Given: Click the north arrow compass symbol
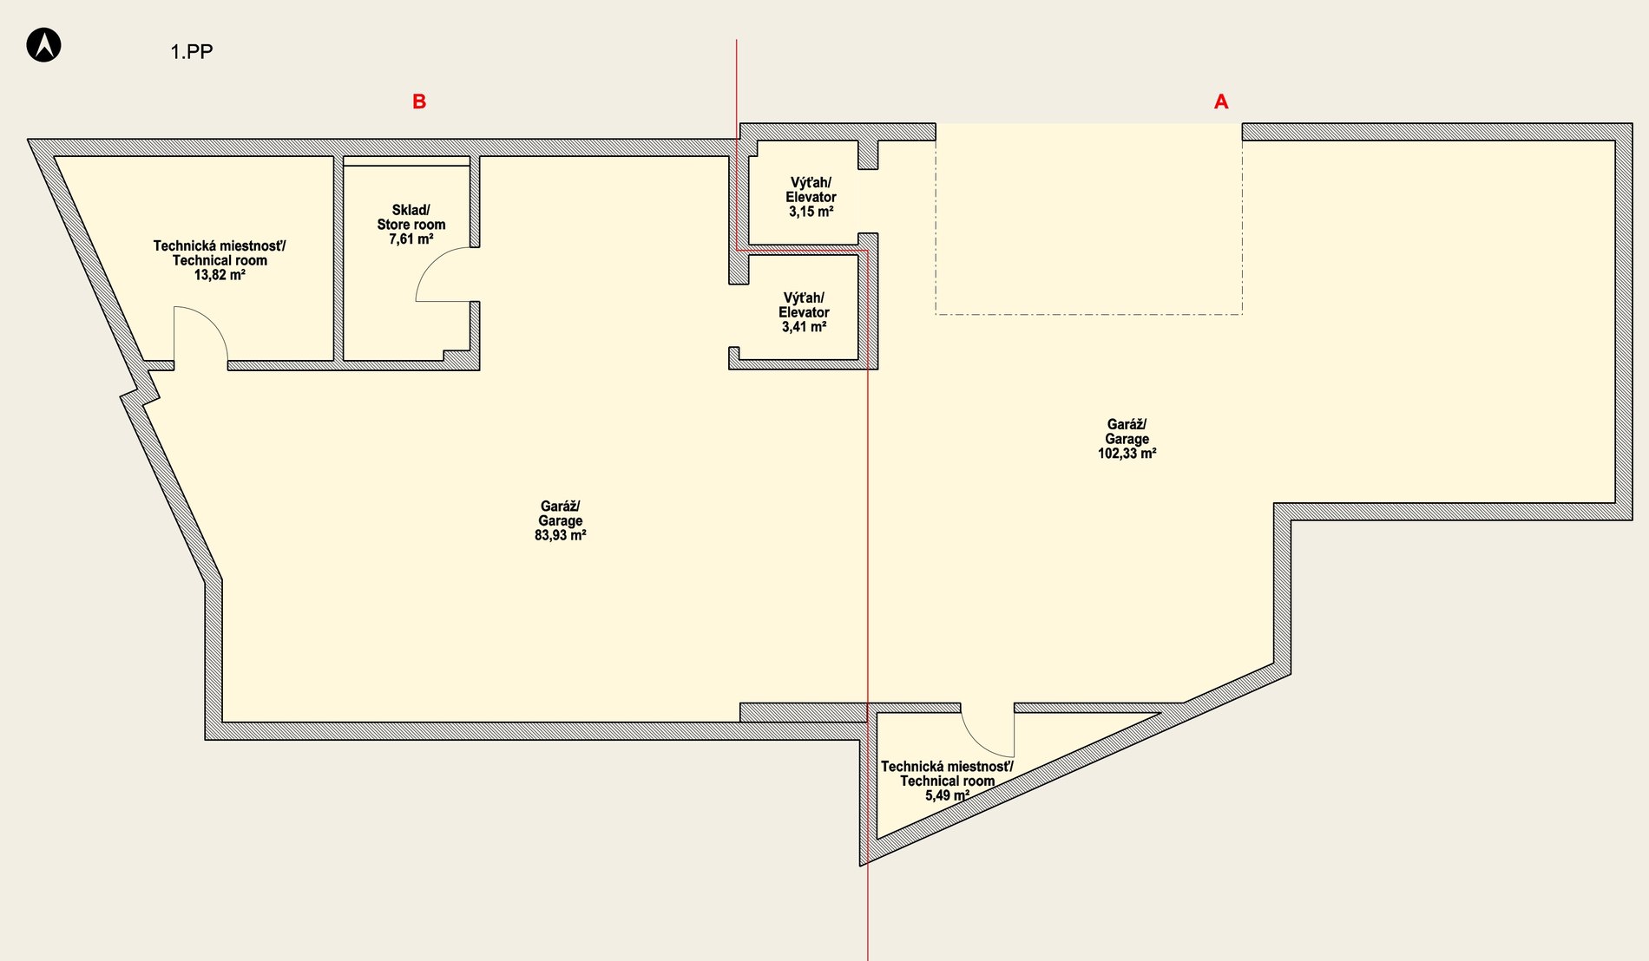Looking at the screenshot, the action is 43,44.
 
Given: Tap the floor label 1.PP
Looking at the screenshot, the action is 192,52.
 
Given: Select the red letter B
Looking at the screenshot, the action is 419,101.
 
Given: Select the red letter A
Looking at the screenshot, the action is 1221,101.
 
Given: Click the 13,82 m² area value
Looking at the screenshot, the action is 220,275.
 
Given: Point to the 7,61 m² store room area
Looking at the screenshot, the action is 411,239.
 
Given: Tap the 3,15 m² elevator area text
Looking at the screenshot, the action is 811,212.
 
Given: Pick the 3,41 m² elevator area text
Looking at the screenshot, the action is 805,327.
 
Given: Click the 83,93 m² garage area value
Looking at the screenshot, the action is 561,535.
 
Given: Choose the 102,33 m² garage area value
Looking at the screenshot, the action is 1127,454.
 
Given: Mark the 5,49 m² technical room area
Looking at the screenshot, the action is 948,795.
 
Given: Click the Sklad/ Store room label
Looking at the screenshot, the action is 411,217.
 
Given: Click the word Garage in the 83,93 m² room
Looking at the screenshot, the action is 561,521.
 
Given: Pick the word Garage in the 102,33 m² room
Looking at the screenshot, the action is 1127,439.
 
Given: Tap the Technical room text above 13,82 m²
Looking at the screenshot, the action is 220,260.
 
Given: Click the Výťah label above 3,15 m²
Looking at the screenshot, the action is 811,183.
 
